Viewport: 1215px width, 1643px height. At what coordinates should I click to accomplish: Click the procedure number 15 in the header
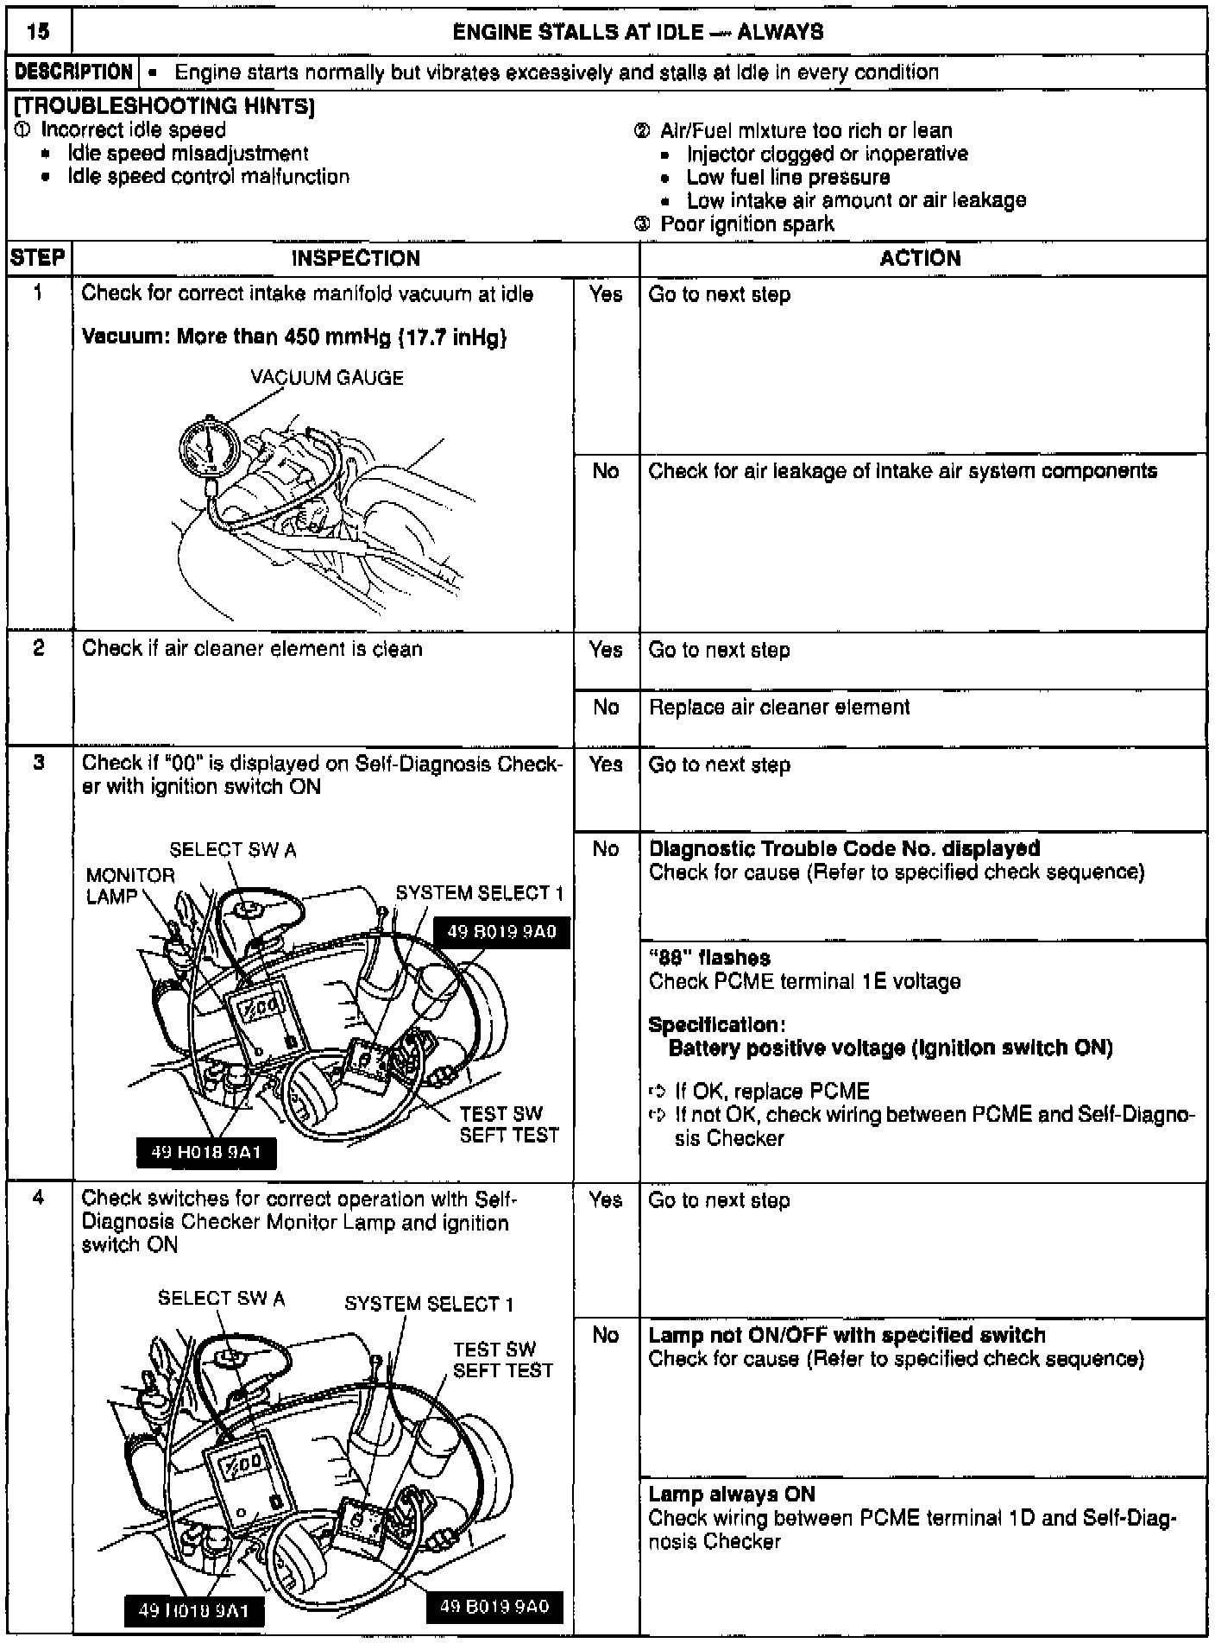click(x=38, y=33)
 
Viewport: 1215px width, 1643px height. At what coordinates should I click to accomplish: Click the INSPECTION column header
click(x=356, y=259)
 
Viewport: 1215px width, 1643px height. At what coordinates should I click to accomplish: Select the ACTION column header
click(x=920, y=259)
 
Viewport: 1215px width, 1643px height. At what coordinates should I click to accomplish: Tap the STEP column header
click(x=39, y=259)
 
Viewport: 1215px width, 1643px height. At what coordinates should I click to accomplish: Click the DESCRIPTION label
click(x=73, y=72)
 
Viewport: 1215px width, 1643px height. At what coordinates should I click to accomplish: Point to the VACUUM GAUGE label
click(x=327, y=378)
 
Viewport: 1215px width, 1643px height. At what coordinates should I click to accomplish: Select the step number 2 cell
click(x=39, y=649)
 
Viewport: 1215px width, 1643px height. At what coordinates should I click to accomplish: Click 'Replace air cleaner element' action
click(x=779, y=708)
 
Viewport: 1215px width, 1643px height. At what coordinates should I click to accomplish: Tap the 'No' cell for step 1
click(x=606, y=471)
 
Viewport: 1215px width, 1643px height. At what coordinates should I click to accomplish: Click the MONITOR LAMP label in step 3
click(x=129, y=886)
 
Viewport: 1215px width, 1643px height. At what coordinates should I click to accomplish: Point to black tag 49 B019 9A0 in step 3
click(x=501, y=932)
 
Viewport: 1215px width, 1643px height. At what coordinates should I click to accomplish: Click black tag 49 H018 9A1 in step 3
click(x=207, y=1151)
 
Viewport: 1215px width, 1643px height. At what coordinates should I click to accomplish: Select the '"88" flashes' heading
click(x=709, y=958)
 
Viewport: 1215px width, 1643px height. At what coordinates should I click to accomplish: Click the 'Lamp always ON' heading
click(x=731, y=1495)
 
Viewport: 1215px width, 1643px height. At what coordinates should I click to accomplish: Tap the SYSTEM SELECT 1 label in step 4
click(x=429, y=1304)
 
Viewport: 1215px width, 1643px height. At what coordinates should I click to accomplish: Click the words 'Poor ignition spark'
click(x=746, y=224)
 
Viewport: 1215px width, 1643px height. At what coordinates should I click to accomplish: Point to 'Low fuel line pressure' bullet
click(x=788, y=178)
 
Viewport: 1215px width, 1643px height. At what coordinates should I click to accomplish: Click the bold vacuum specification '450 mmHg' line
click(x=294, y=337)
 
